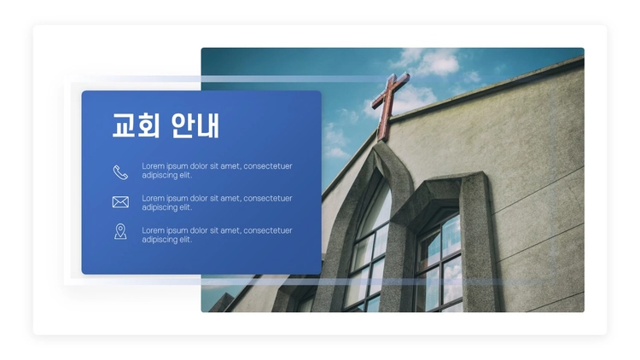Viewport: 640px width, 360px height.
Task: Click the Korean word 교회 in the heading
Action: [x=136, y=125]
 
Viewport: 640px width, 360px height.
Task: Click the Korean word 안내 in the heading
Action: [x=195, y=125]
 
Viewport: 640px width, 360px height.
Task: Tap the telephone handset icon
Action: [x=120, y=172]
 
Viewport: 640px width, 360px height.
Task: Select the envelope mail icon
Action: [x=120, y=202]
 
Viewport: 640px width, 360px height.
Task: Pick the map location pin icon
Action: [x=120, y=231]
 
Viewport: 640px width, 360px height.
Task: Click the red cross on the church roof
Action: [x=388, y=105]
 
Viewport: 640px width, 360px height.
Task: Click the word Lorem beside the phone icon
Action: [x=153, y=166]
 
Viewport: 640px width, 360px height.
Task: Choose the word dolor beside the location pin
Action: [x=198, y=230]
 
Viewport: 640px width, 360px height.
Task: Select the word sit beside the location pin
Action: [x=213, y=230]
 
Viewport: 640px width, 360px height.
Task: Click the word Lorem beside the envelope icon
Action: [x=153, y=199]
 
